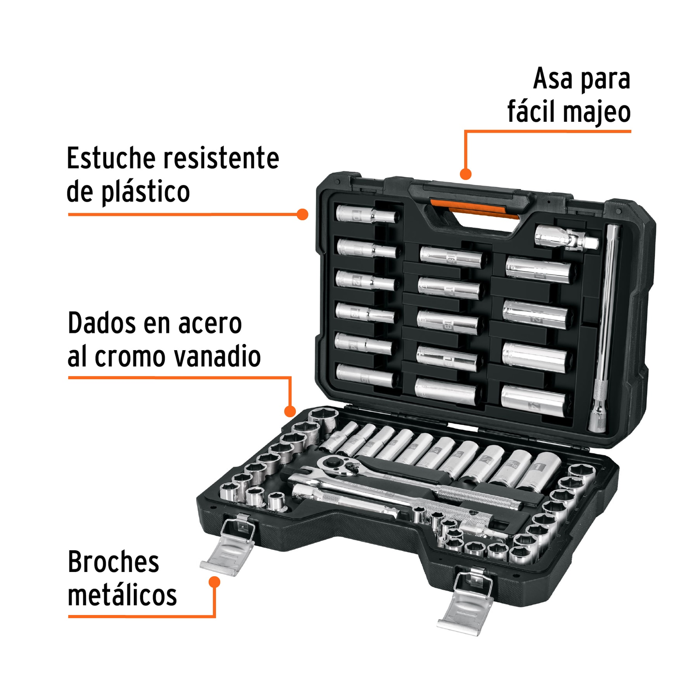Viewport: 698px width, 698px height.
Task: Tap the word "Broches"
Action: point(113,562)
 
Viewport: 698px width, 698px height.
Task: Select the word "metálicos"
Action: point(122,596)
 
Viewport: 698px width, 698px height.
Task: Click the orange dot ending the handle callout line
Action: point(466,174)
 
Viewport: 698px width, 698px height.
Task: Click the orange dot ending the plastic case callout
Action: point(302,214)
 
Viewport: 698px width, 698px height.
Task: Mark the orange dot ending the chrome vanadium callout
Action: point(290,411)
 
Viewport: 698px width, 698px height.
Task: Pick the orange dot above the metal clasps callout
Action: point(214,582)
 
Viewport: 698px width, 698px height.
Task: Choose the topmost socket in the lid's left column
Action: point(366,214)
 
